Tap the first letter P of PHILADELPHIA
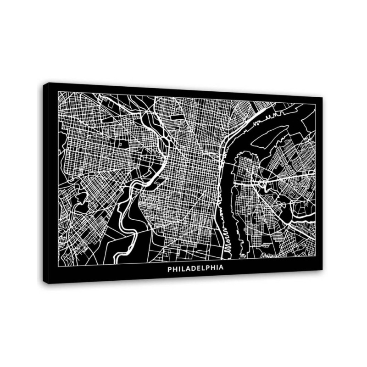click(x=170, y=269)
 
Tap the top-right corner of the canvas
click(x=323, y=98)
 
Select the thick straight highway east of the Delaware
click(x=284, y=179)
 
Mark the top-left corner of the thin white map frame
click(x=58, y=91)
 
